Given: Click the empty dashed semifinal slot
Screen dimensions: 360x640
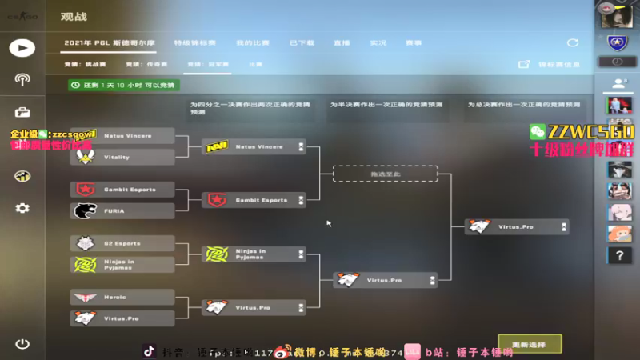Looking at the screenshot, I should pyautogui.click(x=385, y=173).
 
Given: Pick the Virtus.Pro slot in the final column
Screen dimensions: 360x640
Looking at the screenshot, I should pyautogui.click(x=516, y=227).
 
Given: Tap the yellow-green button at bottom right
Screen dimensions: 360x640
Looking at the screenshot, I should pyautogui.click(x=530, y=344).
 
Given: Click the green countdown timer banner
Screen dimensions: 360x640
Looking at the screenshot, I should pyautogui.click(x=124, y=84).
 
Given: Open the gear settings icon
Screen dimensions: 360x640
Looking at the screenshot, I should pyautogui.click(x=22, y=208).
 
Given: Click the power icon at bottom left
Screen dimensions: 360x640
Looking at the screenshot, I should pyautogui.click(x=22, y=344).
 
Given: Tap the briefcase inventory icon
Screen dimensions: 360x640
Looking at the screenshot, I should pyautogui.click(x=22, y=112).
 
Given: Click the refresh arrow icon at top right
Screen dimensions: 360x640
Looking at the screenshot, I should pyautogui.click(x=573, y=42).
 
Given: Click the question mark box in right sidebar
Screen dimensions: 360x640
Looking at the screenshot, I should pyautogui.click(x=618, y=255).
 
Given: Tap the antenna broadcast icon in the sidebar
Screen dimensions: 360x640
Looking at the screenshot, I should pyautogui.click(x=22, y=79).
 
